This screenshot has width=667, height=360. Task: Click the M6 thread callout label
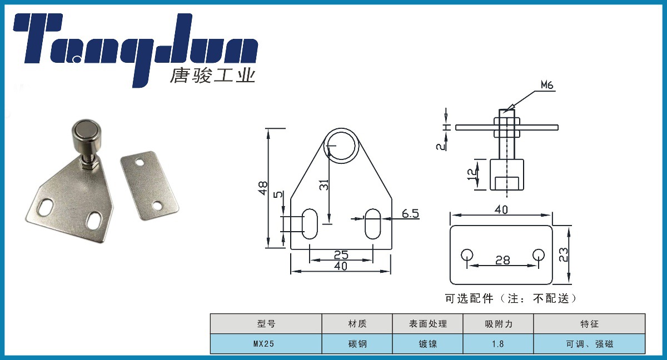pyautogui.click(x=547, y=85)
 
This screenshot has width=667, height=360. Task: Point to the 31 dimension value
pyautogui.click(x=324, y=185)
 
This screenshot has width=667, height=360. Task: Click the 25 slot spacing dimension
pyautogui.click(x=341, y=254)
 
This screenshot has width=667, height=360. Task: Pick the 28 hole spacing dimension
pyautogui.click(x=502, y=259)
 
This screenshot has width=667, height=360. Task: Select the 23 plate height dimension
pyautogui.click(x=563, y=254)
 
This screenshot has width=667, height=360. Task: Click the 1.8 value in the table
pyautogui.click(x=497, y=344)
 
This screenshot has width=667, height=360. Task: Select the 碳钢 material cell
pyautogui.click(x=357, y=344)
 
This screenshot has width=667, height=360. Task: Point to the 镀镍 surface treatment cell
pyautogui.click(x=427, y=344)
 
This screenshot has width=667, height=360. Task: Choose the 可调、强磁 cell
pyautogui.click(x=589, y=344)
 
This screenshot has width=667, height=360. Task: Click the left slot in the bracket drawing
pyautogui.click(x=309, y=224)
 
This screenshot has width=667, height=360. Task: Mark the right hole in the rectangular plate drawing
pyautogui.click(x=538, y=255)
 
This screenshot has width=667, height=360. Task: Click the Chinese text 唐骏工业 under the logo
pyautogui.click(x=212, y=75)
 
